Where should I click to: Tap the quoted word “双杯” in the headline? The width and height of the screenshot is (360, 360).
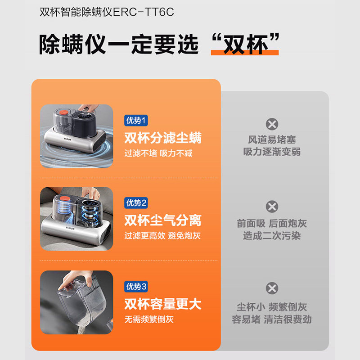(245, 44)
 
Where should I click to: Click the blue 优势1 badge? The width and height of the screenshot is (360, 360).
(136, 120)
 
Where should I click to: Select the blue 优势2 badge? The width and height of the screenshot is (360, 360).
(136, 203)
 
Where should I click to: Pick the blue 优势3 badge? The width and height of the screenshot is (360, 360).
(136, 286)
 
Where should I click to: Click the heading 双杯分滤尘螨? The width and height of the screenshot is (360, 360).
(163, 138)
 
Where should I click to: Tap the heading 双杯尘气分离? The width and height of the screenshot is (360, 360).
(163, 220)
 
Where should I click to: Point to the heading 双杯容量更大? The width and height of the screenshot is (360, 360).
(163, 304)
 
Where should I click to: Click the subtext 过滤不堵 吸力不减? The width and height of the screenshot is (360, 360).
(158, 153)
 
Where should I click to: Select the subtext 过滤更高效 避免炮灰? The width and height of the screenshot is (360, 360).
(162, 236)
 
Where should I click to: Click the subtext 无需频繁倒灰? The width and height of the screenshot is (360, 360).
(149, 319)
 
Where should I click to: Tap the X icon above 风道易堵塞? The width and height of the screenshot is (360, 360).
(272, 124)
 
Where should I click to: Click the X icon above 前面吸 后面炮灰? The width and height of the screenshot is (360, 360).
(272, 207)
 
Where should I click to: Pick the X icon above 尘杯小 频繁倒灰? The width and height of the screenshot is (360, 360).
(272, 288)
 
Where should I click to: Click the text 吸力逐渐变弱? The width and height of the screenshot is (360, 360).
(272, 152)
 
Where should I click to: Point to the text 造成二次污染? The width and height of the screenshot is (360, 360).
(272, 236)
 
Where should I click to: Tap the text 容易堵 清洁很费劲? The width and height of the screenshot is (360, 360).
(272, 319)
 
